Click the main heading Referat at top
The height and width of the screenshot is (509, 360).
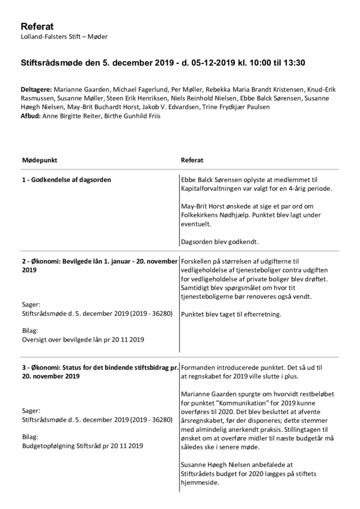pyautogui.click(x=37, y=27)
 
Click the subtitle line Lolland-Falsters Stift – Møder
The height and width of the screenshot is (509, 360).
pyautogui.click(x=64, y=36)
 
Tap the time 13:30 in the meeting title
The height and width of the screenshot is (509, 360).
pyautogui.click(x=294, y=63)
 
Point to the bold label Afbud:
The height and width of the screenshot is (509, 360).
pyautogui.click(x=31, y=116)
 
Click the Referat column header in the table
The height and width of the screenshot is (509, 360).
pyautogui.click(x=192, y=160)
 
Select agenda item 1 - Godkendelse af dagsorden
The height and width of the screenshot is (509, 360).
pyautogui.click(x=66, y=179)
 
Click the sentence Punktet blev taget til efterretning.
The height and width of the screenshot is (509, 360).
pyautogui.click(x=231, y=313)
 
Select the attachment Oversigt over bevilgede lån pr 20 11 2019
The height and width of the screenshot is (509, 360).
pyautogui.click(x=83, y=339)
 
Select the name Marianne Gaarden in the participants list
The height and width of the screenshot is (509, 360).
pyautogui.click(x=81, y=89)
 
